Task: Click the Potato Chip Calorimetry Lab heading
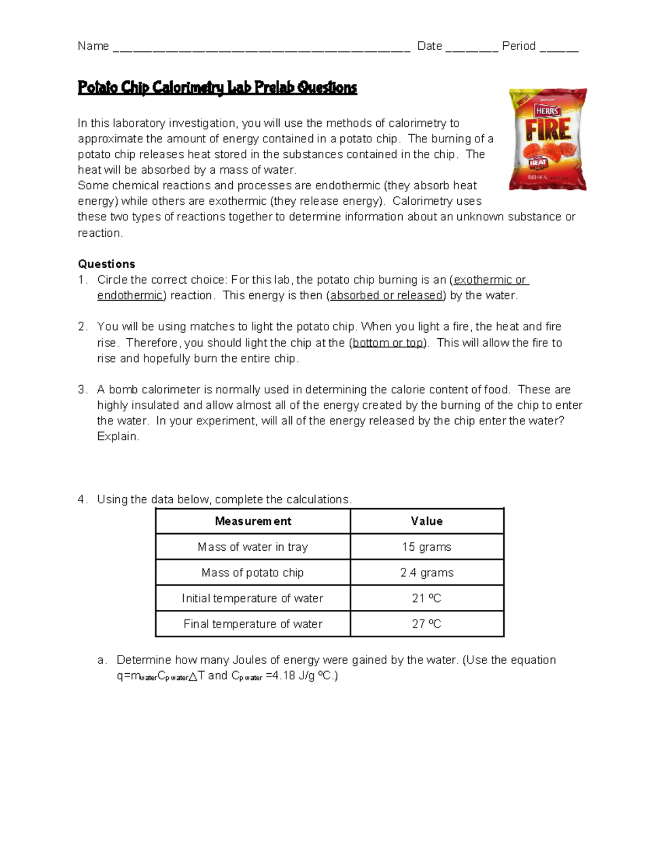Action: click(217, 88)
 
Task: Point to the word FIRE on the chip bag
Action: click(548, 130)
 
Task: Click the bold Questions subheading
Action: click(106, 264)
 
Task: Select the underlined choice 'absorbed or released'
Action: click(387, 295)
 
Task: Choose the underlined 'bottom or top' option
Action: click(388, 343)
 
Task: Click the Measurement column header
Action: click(253, 521)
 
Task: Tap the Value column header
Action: click(426, 521)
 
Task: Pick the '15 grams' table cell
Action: click(426, 547)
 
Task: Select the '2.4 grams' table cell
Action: click(426, 573)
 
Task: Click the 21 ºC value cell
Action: click(426, 598)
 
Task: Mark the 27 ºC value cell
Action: click(426, 624)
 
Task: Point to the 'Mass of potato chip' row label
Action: click(253, 573)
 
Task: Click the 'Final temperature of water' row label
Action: click(253, 624)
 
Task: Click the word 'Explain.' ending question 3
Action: click(118, 437)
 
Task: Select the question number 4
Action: click(82, 499)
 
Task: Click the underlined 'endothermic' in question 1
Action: click(130, 295)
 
